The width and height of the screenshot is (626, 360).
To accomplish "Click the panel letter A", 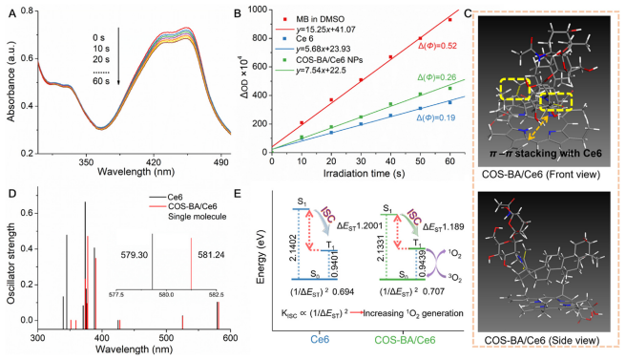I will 9,10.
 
